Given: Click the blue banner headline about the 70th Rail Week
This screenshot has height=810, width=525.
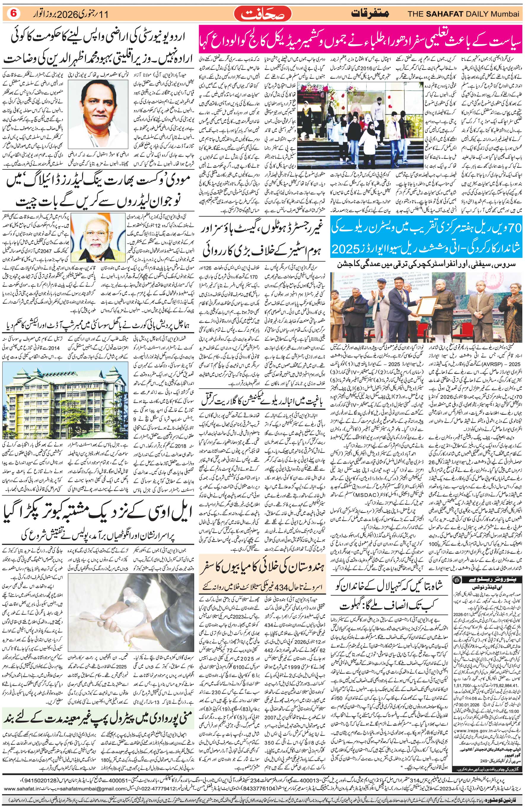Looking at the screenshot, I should click(427, 241).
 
